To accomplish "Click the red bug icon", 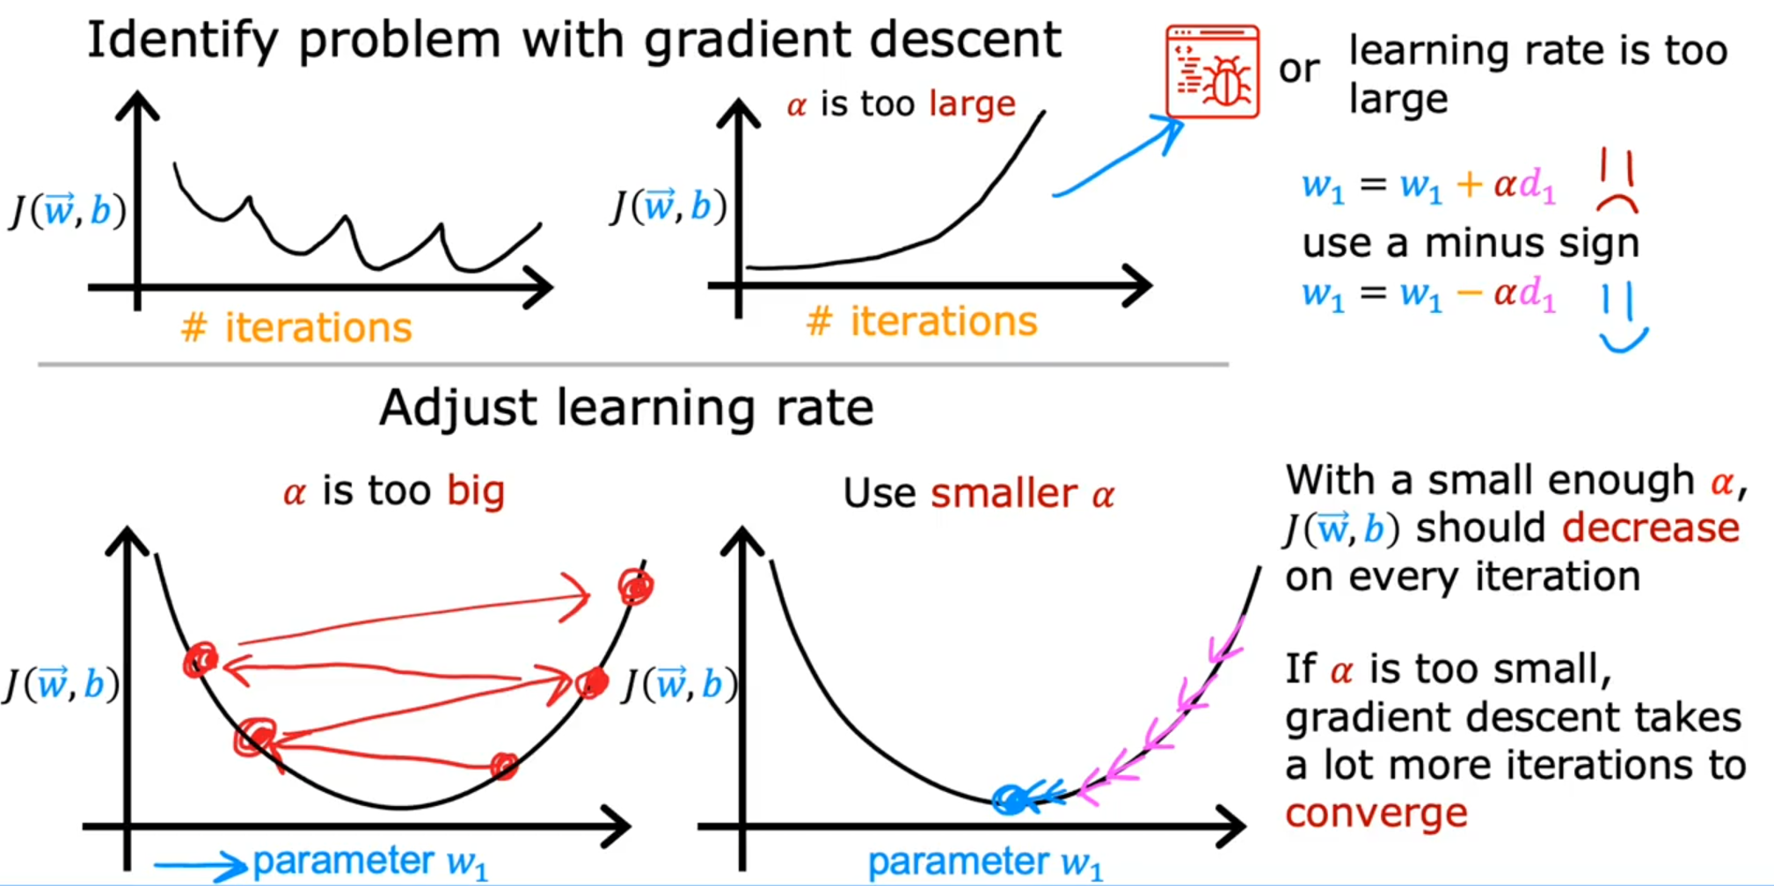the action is (x=1212, y=71).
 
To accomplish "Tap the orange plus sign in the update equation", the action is (x=1469, y=184).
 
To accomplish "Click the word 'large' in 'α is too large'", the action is (x=972, y=105).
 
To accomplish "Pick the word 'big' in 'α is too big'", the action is (x=476, y=491).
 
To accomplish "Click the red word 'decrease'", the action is (x=1651, y=527).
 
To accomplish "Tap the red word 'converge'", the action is (x=1376, y=814).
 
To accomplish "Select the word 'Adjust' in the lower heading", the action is (x=458, y=409).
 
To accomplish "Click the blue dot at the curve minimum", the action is (x=1011, y=799).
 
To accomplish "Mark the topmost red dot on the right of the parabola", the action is (x=635, y=586).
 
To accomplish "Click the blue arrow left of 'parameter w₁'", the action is (x=200, y=867).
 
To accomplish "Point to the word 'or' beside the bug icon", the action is (x=1299, y=70).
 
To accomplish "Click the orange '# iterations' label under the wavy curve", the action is (x=296, y=328).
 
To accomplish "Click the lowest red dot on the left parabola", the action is (x=504, y=766).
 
